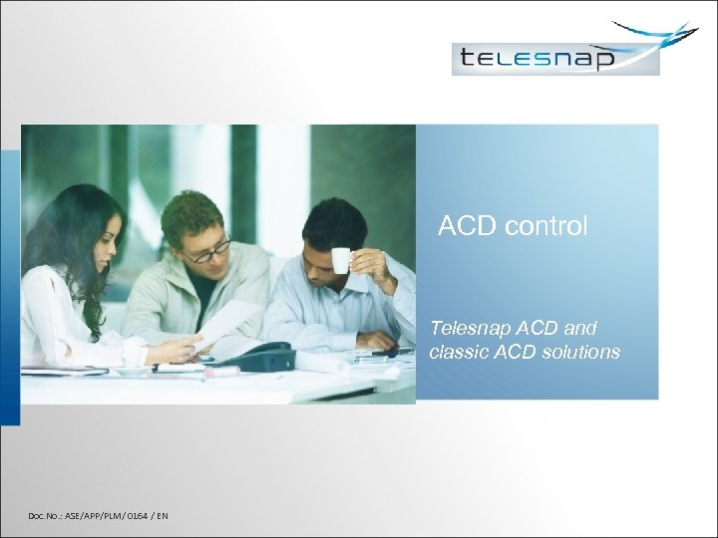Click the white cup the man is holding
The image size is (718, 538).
click(x=341, y=260)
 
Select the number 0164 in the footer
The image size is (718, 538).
click(x=136, y=515)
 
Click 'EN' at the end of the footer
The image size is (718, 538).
click(x=162, y=515)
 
